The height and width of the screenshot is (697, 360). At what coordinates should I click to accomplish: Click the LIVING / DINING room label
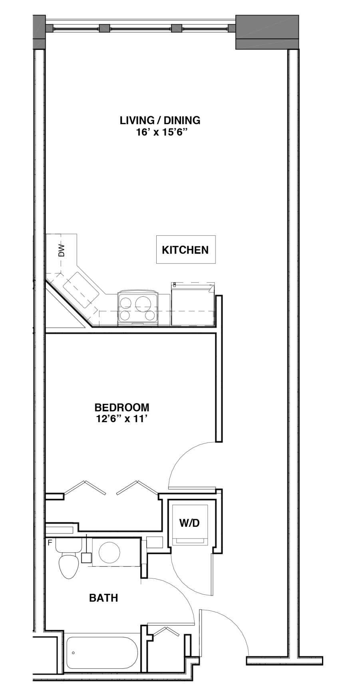160,120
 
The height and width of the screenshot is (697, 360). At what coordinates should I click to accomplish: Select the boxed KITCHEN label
185,250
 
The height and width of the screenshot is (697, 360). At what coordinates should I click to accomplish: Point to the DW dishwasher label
61,250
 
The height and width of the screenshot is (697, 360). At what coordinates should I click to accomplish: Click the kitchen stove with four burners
138,308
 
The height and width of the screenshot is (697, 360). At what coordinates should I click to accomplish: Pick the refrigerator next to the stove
193,304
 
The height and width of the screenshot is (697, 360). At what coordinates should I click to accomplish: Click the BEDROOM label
122,407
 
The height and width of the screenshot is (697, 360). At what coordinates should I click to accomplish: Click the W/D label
189,523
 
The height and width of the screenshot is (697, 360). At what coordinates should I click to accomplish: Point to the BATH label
103,598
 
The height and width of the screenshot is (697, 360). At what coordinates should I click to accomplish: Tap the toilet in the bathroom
68,559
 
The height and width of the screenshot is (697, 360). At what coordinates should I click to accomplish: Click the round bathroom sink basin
109,553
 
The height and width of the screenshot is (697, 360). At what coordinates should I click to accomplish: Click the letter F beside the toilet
50,543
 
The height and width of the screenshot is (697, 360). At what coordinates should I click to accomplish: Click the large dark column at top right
267,32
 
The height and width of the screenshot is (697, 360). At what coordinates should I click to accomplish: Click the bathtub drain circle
73,653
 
